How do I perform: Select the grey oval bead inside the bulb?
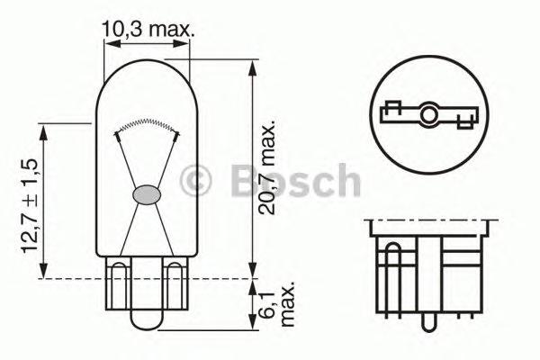[x=145, y=193]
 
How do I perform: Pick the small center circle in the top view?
[x=429, y=114]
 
